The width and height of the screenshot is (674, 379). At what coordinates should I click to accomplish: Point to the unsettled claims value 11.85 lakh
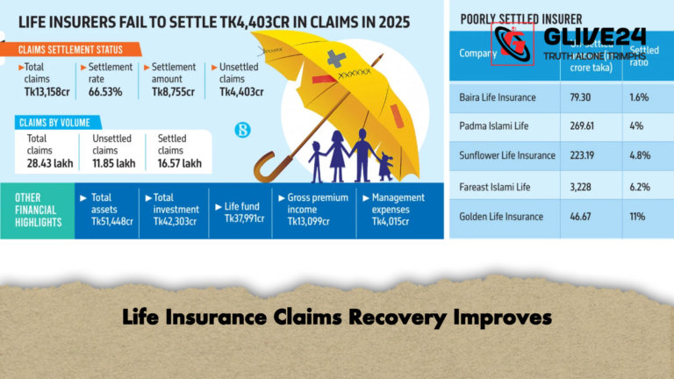(114, 163)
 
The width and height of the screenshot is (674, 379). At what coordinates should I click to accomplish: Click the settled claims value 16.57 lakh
(179, 163)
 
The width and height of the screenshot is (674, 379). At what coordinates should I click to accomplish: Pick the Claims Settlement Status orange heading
(70, 49)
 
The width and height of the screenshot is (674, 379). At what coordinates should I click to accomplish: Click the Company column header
(478, 53)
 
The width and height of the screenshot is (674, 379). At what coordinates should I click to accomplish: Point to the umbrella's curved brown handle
(264, 168)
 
